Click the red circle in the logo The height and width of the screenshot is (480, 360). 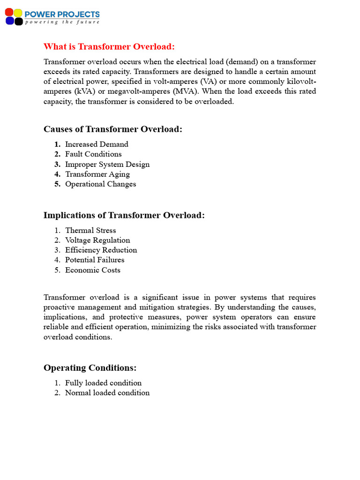pyautogui.click(x=10, y=13)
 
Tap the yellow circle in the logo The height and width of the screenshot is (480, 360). pyautogui.click(x=18, y=13)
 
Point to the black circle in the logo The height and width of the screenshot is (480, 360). pyautogui.click(x=18, y=21)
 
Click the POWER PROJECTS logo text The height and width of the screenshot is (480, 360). pyautogui.click(x=62, y=14)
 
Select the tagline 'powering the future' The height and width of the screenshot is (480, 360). pyautogui.click(x=62, y=22)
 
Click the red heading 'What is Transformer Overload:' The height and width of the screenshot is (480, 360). pyautogui.click(x=109, y=46)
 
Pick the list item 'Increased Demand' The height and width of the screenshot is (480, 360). pyautogui.click(x=97, y=144)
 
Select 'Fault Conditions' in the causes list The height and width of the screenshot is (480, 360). pyautogui.click(x=93, y=154)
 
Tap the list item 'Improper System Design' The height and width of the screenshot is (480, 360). pyautogui.click(x=107, y=164)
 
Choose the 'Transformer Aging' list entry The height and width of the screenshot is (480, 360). pyautogui.click(x=97, y=174)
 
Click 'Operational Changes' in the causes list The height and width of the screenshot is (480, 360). pyautogui.click(x=100, y=184)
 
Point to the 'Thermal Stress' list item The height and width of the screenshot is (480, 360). pyautogui.click(x=90, y=230)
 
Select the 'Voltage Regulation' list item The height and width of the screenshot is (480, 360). pyautogui.click(x=97, y=240)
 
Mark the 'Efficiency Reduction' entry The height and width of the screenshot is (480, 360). pyautogui.click(x=101, y=250)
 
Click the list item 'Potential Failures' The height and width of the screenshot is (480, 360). pyautogui.click(x=95, y=260)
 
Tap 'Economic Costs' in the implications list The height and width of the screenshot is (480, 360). pyautogui.click(x=93, y=270)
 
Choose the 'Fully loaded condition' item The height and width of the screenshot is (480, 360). pyautogui.click(x=103, y=382)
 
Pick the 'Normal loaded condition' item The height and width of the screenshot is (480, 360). pyautogui.click(x=107, y=392)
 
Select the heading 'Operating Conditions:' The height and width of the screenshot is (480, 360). pyautogui.click(x=90, y=367)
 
